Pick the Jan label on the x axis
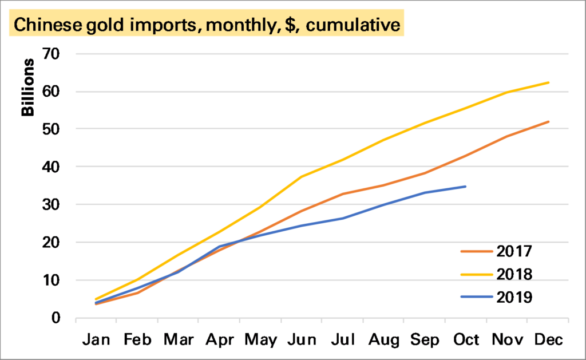coord(96,340)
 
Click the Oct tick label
coord(466,340)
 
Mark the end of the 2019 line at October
coord(466,187)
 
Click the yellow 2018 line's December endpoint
coord(548,82)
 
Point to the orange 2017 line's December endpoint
coord(548,122)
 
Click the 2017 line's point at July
coord(342,194)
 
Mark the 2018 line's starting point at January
coord(96,299)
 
